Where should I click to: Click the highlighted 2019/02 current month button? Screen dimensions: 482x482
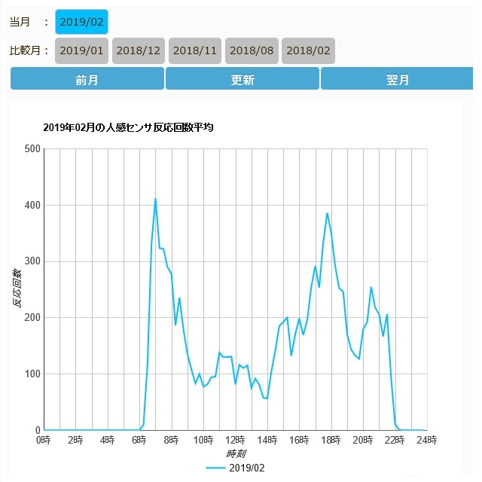point(81,22)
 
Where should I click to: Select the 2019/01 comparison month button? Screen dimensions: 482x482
point(82,50)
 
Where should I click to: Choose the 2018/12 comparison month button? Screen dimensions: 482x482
point(139,50)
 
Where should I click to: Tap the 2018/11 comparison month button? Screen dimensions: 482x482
point(195,50)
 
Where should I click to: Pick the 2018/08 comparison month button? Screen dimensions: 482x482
point(252,50)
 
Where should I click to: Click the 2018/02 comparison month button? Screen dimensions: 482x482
point(308,50)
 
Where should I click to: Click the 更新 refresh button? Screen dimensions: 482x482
point(242,80)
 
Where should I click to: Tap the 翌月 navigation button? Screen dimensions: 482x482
point(398,80)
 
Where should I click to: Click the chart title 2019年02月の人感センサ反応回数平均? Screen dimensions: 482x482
point(128,128)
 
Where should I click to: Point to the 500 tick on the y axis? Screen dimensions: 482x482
point(31,149)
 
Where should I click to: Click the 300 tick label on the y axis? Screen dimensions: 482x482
point(31,261)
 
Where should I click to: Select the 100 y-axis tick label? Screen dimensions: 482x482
point(31,374)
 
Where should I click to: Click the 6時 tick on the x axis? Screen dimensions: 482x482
point(139,440)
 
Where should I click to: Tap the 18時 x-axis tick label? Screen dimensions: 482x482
point(331,440)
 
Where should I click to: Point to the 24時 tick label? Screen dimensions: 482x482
point(426,440)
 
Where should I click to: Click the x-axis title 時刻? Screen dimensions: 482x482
point(236,454)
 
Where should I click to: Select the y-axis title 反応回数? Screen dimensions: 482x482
point(17,289)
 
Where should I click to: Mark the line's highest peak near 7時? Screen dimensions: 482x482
point(155,199)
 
